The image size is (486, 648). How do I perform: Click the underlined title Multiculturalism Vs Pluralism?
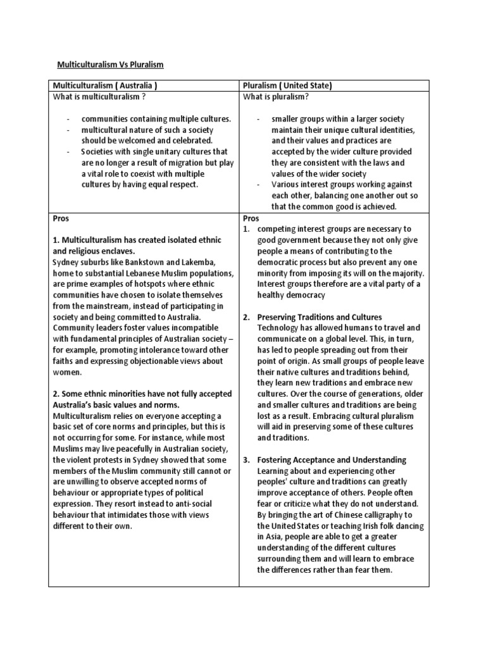(111, 65)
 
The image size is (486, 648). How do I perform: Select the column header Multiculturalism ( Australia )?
(104, 85)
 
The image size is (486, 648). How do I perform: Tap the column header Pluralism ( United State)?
(288, 85)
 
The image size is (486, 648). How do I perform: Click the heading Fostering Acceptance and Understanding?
(332, 459)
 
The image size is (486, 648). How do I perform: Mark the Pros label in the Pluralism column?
(251, 218)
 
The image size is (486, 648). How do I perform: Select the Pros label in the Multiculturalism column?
(61, 218)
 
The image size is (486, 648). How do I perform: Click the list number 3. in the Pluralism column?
(247, 459)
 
